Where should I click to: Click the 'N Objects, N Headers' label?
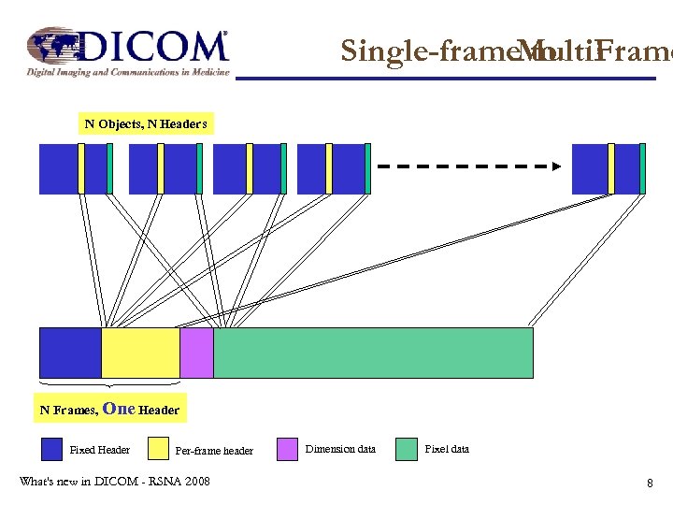[146, 123]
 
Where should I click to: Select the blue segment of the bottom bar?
[70, 353]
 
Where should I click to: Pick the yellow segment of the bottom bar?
[140, 353]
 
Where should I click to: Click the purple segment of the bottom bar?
[196, 353]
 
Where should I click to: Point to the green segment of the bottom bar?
[373, 353]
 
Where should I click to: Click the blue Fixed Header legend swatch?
[52, 450]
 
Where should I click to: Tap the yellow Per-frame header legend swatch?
[157, 450]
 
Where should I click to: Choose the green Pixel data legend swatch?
[406, 450]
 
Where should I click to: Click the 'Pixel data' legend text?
[447, 450]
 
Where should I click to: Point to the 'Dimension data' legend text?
[340, 450]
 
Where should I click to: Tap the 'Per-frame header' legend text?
[214, 451]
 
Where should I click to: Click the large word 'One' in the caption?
[119, 409]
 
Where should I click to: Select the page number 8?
[649, 483]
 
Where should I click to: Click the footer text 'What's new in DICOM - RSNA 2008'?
[114, 482]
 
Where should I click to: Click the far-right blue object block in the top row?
[590, 168]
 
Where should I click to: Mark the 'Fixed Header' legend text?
[100, 450]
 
